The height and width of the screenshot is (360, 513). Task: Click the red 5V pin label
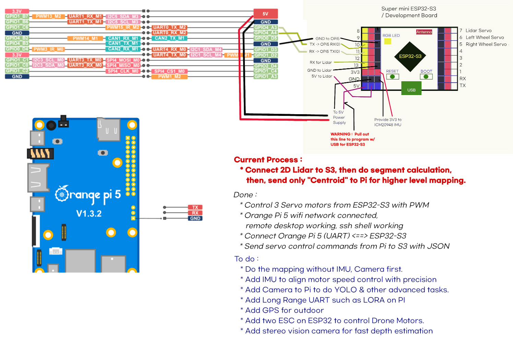pos(265,14)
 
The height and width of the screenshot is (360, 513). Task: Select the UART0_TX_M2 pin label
pos(169,27)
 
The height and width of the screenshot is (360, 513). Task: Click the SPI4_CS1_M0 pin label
pos(169,71)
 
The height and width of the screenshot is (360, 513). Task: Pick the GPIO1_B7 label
pos(17,16)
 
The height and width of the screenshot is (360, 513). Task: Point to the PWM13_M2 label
pos(48,16)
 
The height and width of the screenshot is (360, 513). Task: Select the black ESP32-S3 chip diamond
pos(410,56)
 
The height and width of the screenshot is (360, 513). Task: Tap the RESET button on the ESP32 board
pos(392,76)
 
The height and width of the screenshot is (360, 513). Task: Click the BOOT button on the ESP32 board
pos(426,76)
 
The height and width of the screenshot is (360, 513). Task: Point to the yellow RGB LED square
pos(387,41)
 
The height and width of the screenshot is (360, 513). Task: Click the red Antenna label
pos(424,32)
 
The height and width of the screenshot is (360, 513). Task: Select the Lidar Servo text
pos(478,31)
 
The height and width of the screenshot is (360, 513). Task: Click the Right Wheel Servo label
pos(486,44)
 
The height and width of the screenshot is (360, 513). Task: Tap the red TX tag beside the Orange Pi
pos(195,207)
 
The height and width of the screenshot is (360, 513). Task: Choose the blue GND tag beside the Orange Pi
pos(195,218)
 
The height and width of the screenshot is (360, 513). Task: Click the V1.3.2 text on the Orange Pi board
pos(89,214)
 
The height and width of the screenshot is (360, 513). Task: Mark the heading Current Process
pos(268,160)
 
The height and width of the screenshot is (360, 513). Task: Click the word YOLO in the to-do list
pos(345,290)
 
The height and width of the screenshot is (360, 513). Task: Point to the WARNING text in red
pos(340,134)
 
